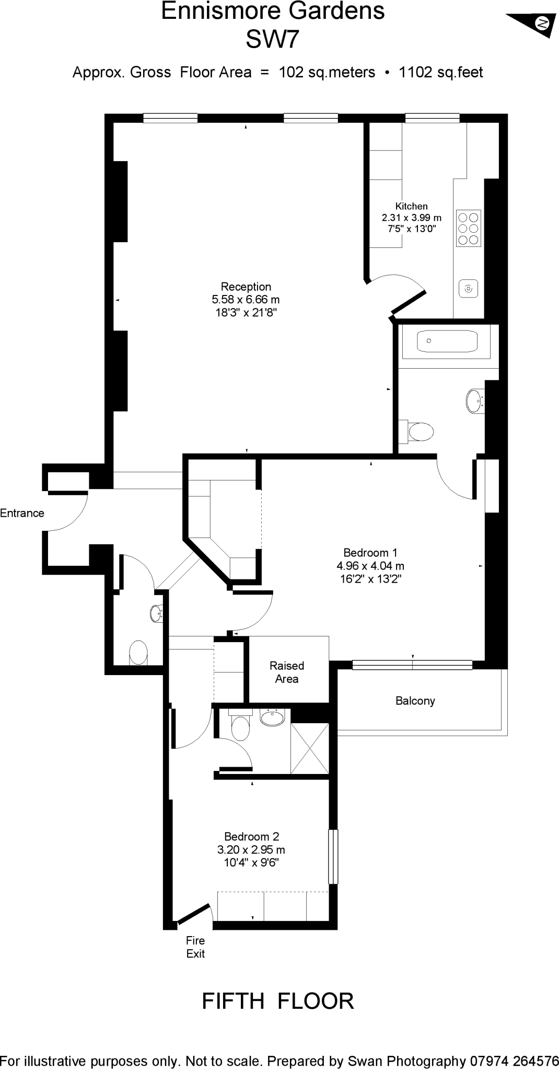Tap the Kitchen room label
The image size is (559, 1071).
point(411,207)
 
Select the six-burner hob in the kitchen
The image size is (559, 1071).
point(468,229)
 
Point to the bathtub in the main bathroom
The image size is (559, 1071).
point(447,341)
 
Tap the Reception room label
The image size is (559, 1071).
point(246,287)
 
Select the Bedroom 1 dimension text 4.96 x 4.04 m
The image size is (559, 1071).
point(370,566)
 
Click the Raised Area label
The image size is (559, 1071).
point(287,672)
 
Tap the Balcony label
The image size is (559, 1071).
point(415,701)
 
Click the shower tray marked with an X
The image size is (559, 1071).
point(309,748)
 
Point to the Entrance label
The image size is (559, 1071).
point(22,513)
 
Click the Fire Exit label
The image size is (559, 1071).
point(195,947)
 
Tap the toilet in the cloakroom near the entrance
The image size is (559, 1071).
point(138,653)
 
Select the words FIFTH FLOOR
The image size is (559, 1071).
point(277,1001)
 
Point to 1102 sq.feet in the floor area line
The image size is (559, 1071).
point(440,72)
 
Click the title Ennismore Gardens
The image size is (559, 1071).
point(273,12)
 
